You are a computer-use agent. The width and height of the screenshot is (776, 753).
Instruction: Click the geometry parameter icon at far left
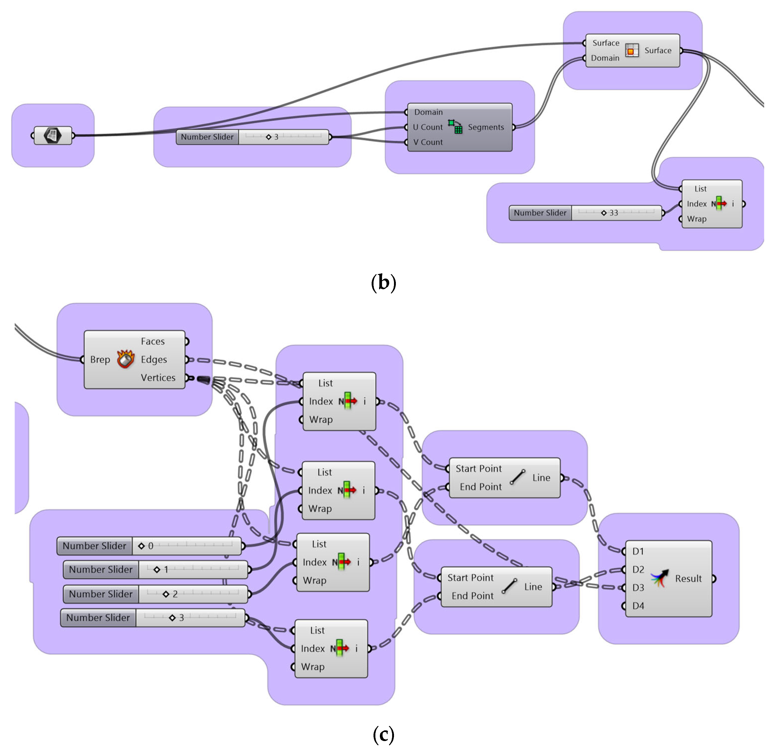tap(53, 136)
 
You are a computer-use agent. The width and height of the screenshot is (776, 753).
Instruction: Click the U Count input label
tap(428, 127)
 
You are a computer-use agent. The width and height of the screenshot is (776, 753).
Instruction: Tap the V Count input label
tap(428, 142)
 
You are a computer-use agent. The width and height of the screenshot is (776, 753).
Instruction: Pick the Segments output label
tap(486, 127)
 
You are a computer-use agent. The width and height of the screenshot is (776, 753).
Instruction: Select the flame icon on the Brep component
tap(126, 359)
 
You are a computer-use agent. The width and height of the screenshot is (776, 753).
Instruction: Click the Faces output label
tap(152, 341)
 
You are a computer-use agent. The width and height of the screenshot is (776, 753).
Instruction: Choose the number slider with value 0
tap(149, 546)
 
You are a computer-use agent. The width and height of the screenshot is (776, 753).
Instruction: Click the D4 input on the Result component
tap(638, 606)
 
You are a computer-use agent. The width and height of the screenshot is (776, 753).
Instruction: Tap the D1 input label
tap(638, 551)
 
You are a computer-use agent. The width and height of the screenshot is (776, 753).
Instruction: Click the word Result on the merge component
tap(688, 578)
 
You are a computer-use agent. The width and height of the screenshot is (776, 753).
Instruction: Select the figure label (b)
tap(383, 283)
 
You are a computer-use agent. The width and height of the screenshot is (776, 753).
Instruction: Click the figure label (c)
tap(383, 735)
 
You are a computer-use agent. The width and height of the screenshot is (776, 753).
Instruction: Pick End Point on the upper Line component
tap(480, 487)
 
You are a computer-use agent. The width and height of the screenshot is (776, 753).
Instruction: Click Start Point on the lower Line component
tap(470, 578)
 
